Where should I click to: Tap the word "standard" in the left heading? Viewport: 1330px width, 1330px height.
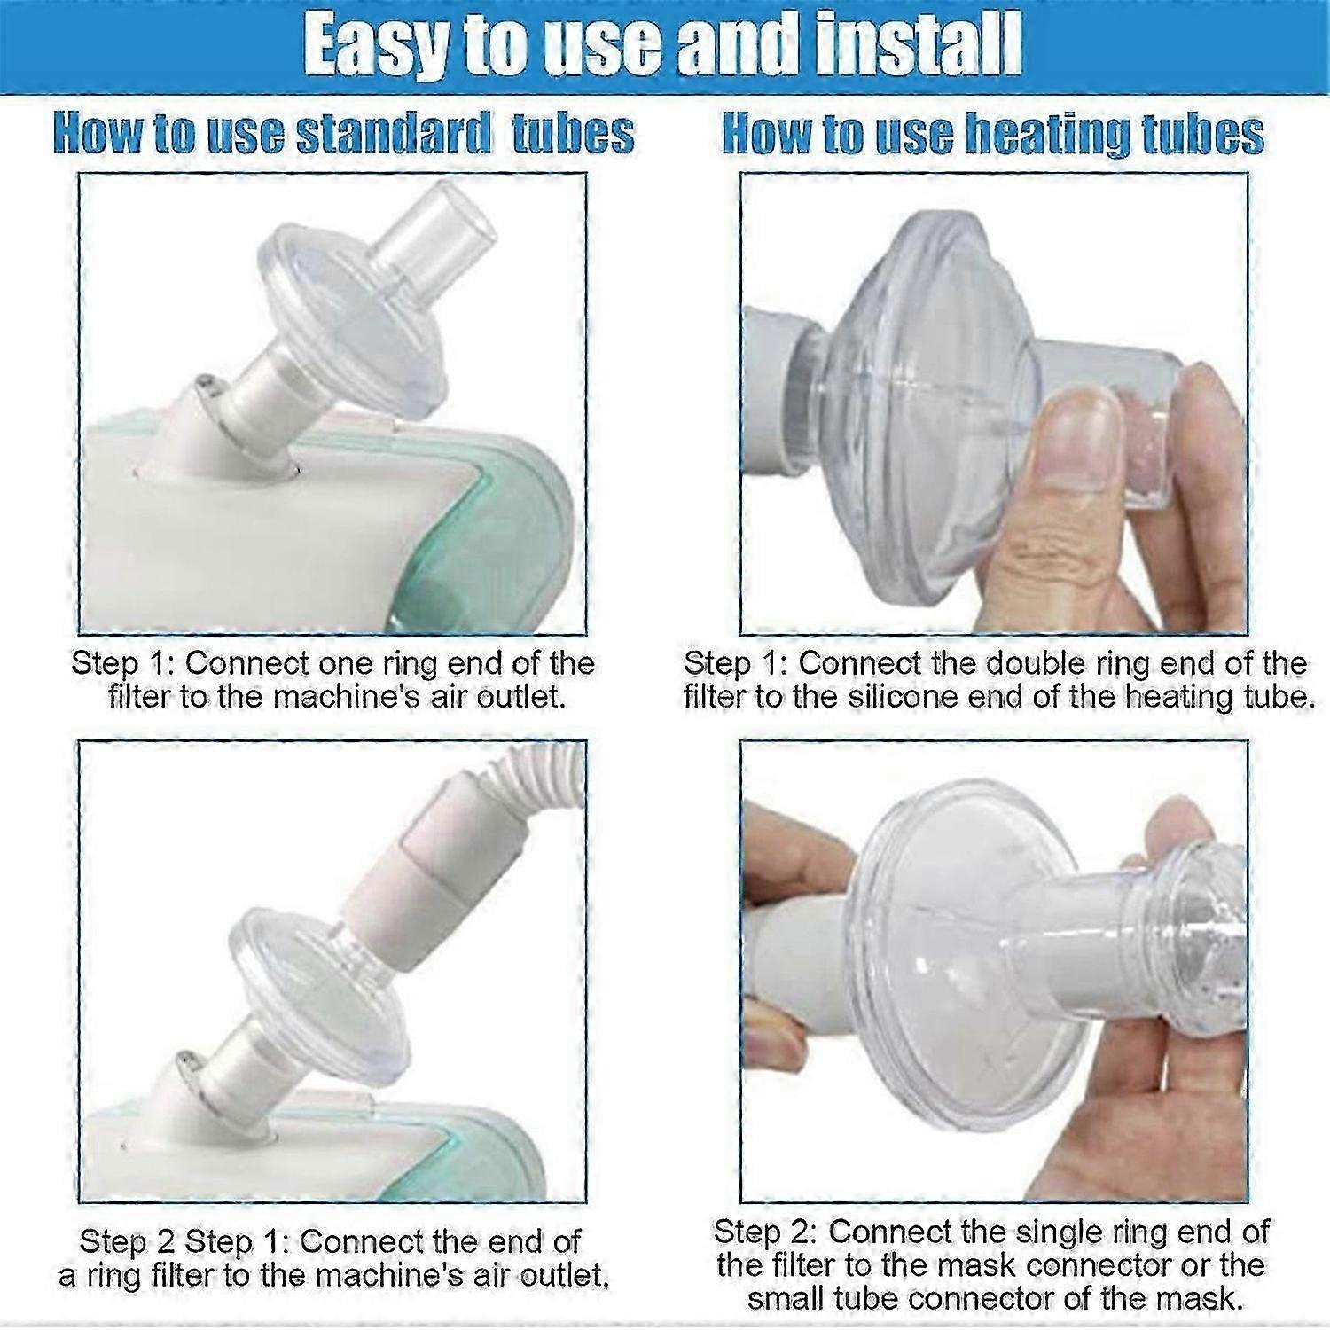(392, 134)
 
